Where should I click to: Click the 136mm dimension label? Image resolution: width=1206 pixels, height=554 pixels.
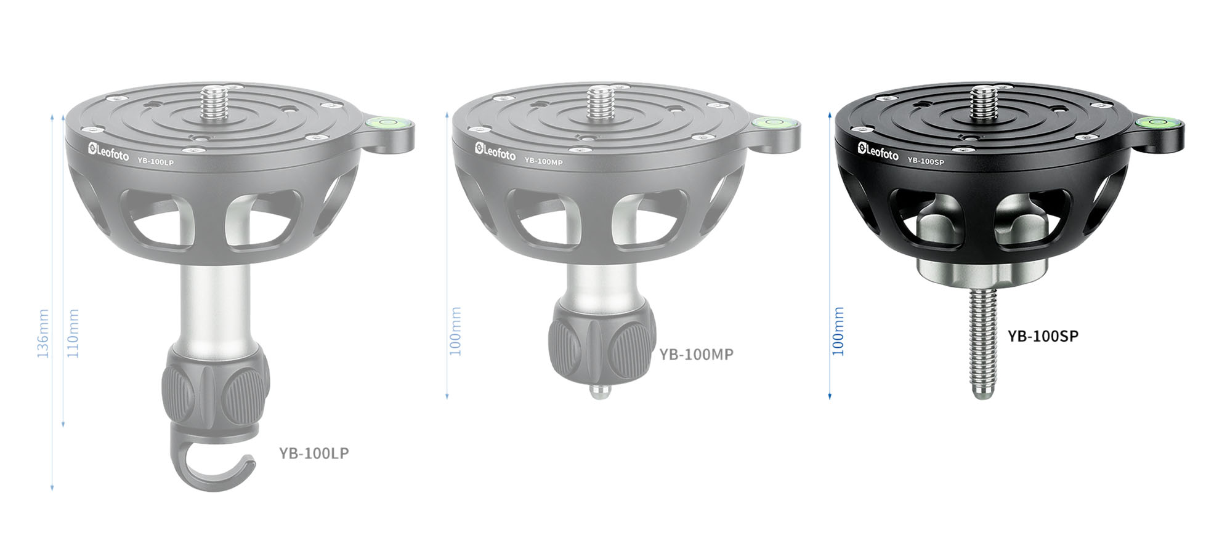click(x=42, y=334)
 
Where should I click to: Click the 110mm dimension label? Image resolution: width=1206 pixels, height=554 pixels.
click(x=73, y=334)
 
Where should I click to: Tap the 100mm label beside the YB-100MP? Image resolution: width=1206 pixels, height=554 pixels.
click(x=455, y=331)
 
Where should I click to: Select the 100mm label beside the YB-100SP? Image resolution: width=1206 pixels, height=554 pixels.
click(x=838, y=331)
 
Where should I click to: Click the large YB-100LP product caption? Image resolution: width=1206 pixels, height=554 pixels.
click(x=314, y=453)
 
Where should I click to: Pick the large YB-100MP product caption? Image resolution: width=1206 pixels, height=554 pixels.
click(x=696, y=355)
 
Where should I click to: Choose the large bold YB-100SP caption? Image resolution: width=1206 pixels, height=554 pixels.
click(x=1043, y=336)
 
